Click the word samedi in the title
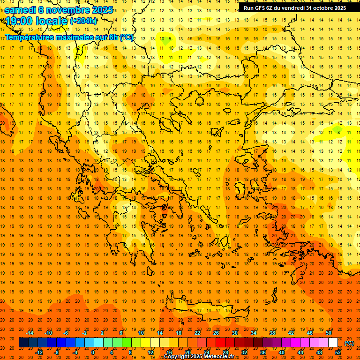click(x=22, y=10)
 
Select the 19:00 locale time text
click(x=37, y=21)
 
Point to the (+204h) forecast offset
click(x=84, y=21)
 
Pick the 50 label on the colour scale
click(x=329, y=333)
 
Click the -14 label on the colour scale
click(x=29, y=333)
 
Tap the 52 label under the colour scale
click(x=338, y=352)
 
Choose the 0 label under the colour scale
click(x=93, y=352)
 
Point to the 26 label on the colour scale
click(x=216, y=333)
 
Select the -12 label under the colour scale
click(x=39, y=352)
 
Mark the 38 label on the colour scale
click(x=272, y=333)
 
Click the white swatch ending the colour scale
click(x=333, y=343)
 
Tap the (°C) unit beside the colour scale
click(x=349, y=343)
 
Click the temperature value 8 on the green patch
click(x=338, y=133)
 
